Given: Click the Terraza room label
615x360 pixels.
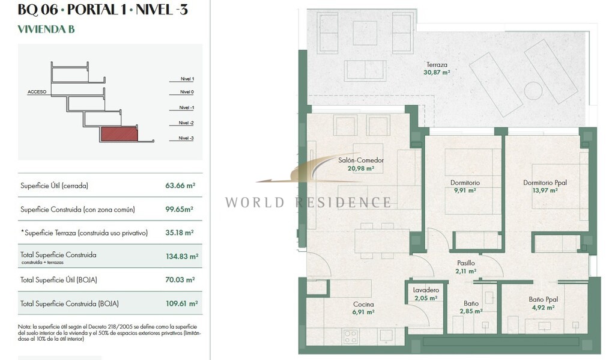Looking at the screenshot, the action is (x=437, y=65).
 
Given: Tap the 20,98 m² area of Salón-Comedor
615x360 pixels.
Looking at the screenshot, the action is (x=361, y=168).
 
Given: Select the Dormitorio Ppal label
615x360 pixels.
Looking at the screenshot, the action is (x=545, y=183).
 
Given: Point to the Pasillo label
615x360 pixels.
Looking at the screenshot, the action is (x=466, y=263).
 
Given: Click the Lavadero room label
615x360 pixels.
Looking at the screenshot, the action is (x=426, y=290).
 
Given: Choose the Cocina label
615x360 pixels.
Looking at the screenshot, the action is (x=363, y=304).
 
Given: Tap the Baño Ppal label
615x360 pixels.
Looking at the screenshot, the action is (x=543, y=299).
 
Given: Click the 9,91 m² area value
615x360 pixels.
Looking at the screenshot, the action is (x=465, y=191).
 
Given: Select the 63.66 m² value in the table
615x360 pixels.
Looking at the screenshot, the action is (x=180, y=185).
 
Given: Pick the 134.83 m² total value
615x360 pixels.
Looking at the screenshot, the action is (x=182, y=257).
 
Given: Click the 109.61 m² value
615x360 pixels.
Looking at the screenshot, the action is (x=181, y=304).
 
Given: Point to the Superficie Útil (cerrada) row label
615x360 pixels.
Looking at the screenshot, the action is (x=54, y=186).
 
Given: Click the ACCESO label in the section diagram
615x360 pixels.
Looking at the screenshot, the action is (x=37, y=92).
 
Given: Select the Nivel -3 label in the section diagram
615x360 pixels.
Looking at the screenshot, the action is (x=186, y=138).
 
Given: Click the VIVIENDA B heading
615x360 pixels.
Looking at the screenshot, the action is (x=46, y=29).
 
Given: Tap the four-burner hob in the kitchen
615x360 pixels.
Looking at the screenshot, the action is (x=351, y=336).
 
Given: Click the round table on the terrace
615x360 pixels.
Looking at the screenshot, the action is (x=533, y=91).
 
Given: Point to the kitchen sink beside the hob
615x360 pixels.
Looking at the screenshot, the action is (x=386, y=335).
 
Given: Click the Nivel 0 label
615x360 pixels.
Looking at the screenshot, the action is (x=187, y=92).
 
